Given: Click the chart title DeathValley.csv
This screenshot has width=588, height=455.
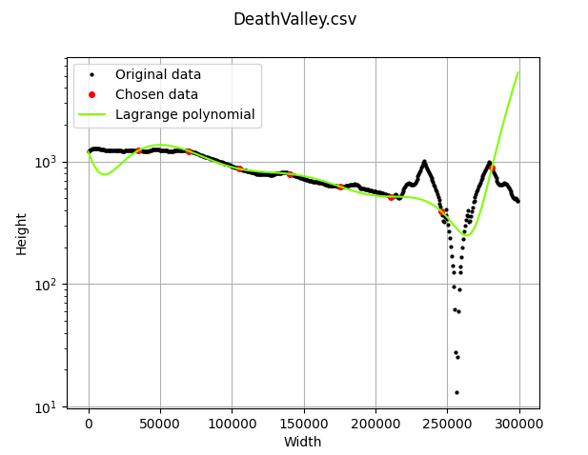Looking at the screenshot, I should pos(294,19).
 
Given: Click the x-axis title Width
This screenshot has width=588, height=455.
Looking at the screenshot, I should pos(302,442).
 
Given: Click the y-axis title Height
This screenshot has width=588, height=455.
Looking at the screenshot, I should pos(21,233).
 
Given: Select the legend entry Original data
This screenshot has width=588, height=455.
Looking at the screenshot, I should pos(158,74).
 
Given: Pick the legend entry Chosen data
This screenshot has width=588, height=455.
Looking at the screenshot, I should pos(156,94).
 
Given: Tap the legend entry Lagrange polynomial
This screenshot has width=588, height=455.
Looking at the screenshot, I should pos(185,114).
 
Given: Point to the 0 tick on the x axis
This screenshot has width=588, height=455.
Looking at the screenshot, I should pos(89,423).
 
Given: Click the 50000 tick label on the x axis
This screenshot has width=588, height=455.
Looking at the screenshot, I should pos(160,423).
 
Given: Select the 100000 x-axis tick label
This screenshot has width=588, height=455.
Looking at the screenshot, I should pos(233,423).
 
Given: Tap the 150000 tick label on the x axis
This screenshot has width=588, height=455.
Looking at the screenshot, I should pos(304,423).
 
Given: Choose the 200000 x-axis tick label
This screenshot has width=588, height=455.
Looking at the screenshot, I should pos(375,423).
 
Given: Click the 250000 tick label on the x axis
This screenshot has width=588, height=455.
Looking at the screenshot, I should pos(447,423).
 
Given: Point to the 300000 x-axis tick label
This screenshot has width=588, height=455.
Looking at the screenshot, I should pos(519,423).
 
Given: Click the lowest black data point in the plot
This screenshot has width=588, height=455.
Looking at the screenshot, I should pos(456,392).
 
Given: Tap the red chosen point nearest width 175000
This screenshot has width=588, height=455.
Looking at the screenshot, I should pos(340,187).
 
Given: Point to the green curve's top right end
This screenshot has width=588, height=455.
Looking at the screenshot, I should pos(517,72).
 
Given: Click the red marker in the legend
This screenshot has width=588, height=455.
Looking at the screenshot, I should pos(91,94).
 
